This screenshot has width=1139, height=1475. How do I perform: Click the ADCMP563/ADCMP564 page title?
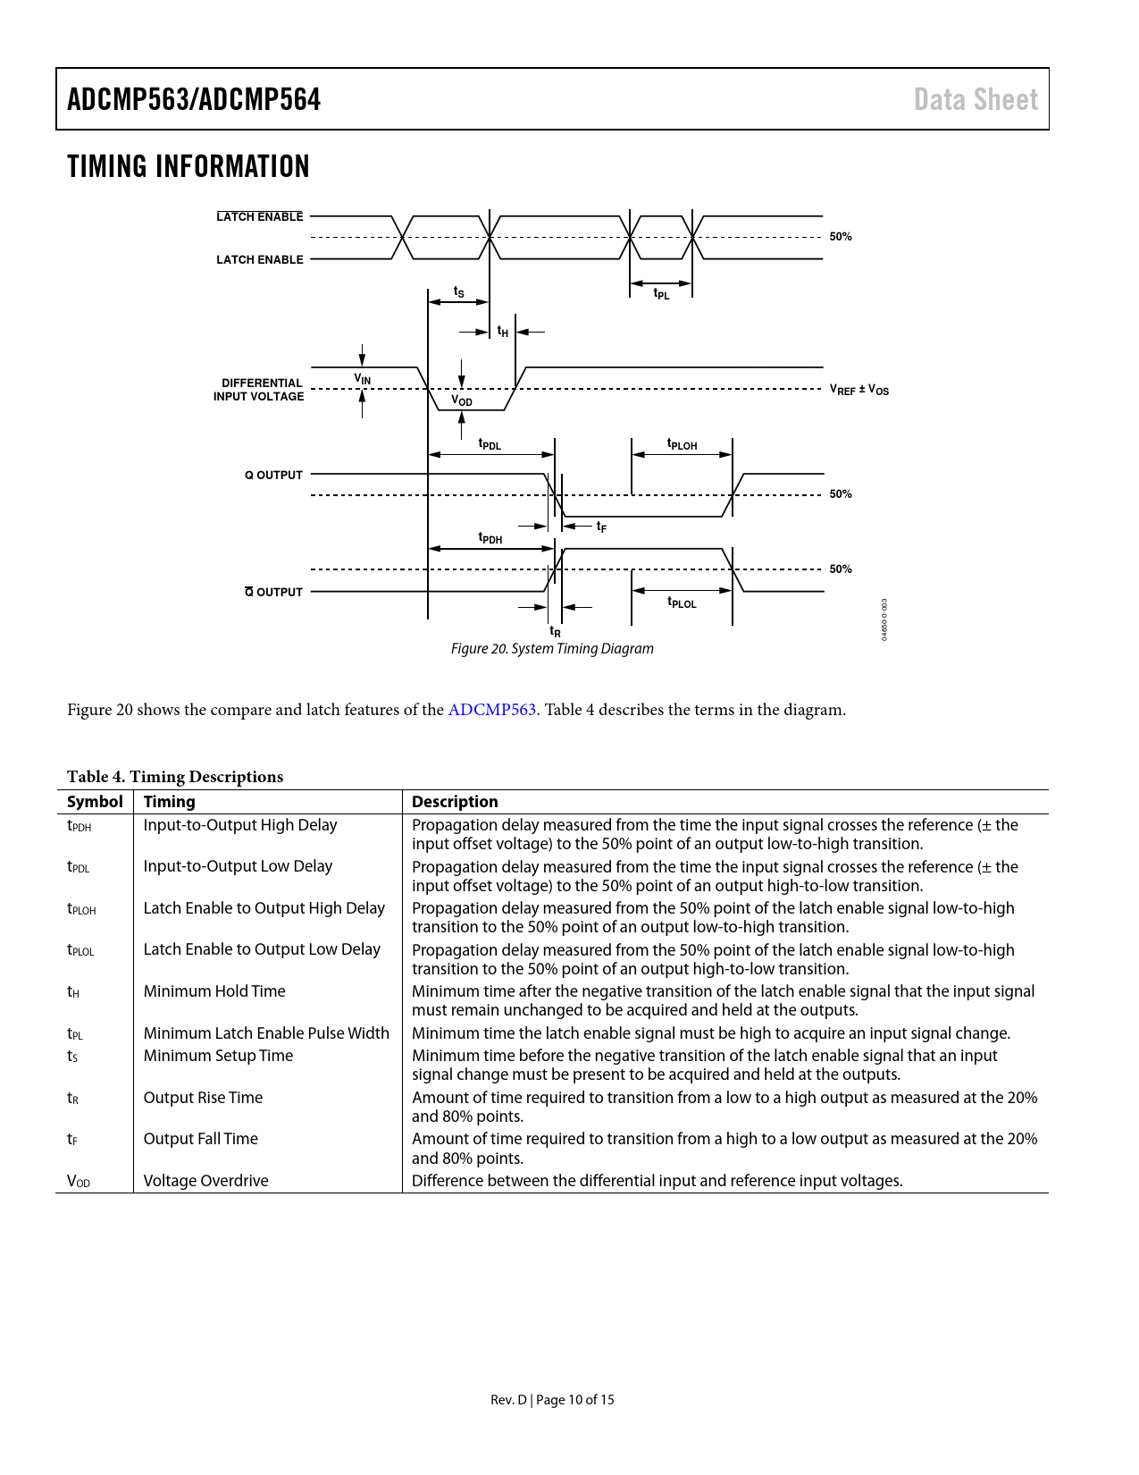[x=194, y=99]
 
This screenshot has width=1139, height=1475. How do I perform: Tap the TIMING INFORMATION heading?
[x=188, y=166]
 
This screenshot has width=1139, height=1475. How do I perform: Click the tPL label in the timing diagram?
[x=661, y=294]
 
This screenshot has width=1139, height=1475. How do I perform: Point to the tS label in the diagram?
[x=459, y=292]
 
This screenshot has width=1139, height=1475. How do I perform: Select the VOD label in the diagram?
[x=462, y=401]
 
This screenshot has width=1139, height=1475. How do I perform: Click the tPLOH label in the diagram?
[x=682, y=444]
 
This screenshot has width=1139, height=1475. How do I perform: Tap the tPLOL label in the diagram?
[x=682, y=603]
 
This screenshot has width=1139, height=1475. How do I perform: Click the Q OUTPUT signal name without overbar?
[x=273, y=475]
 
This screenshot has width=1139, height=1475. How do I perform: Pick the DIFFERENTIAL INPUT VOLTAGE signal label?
[x=259, y=390]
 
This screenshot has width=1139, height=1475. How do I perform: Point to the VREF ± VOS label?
[x=858, y=390]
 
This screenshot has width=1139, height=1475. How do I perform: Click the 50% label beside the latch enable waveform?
[x=841, y=237]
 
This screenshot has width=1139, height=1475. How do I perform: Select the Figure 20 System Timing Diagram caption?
[x=552, y=649]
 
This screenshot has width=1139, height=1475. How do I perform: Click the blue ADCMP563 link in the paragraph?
[x=491, y=710]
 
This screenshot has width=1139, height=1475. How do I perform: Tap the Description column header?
[x=455, y=802]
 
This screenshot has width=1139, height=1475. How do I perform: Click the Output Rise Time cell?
[x=203, y=1098]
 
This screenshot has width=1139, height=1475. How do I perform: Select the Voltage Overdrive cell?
[x=205, y=1181]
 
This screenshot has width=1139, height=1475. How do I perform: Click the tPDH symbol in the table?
[x=80, y=826]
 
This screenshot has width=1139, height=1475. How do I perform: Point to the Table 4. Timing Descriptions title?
[x=175, y=777]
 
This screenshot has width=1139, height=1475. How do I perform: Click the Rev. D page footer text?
[x=552, y=1400]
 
